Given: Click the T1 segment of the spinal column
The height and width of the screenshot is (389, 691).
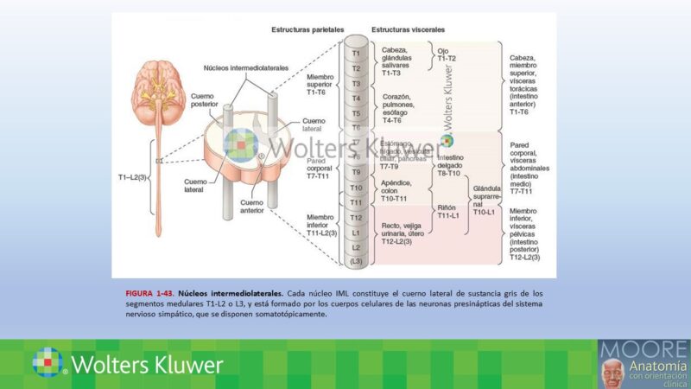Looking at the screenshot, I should click(x=356, y=53).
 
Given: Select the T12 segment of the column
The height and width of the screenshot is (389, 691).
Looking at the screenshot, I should click(x=356, y=218).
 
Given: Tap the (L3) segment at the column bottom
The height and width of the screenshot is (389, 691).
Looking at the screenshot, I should click(x=356, y=262).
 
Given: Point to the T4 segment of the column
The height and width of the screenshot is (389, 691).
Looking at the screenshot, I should click(x=356, y=99).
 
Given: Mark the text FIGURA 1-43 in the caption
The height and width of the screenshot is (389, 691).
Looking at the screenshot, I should click(x=149, y=293).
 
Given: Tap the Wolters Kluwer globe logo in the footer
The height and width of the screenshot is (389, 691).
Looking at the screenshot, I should click(x=48, y=363).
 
